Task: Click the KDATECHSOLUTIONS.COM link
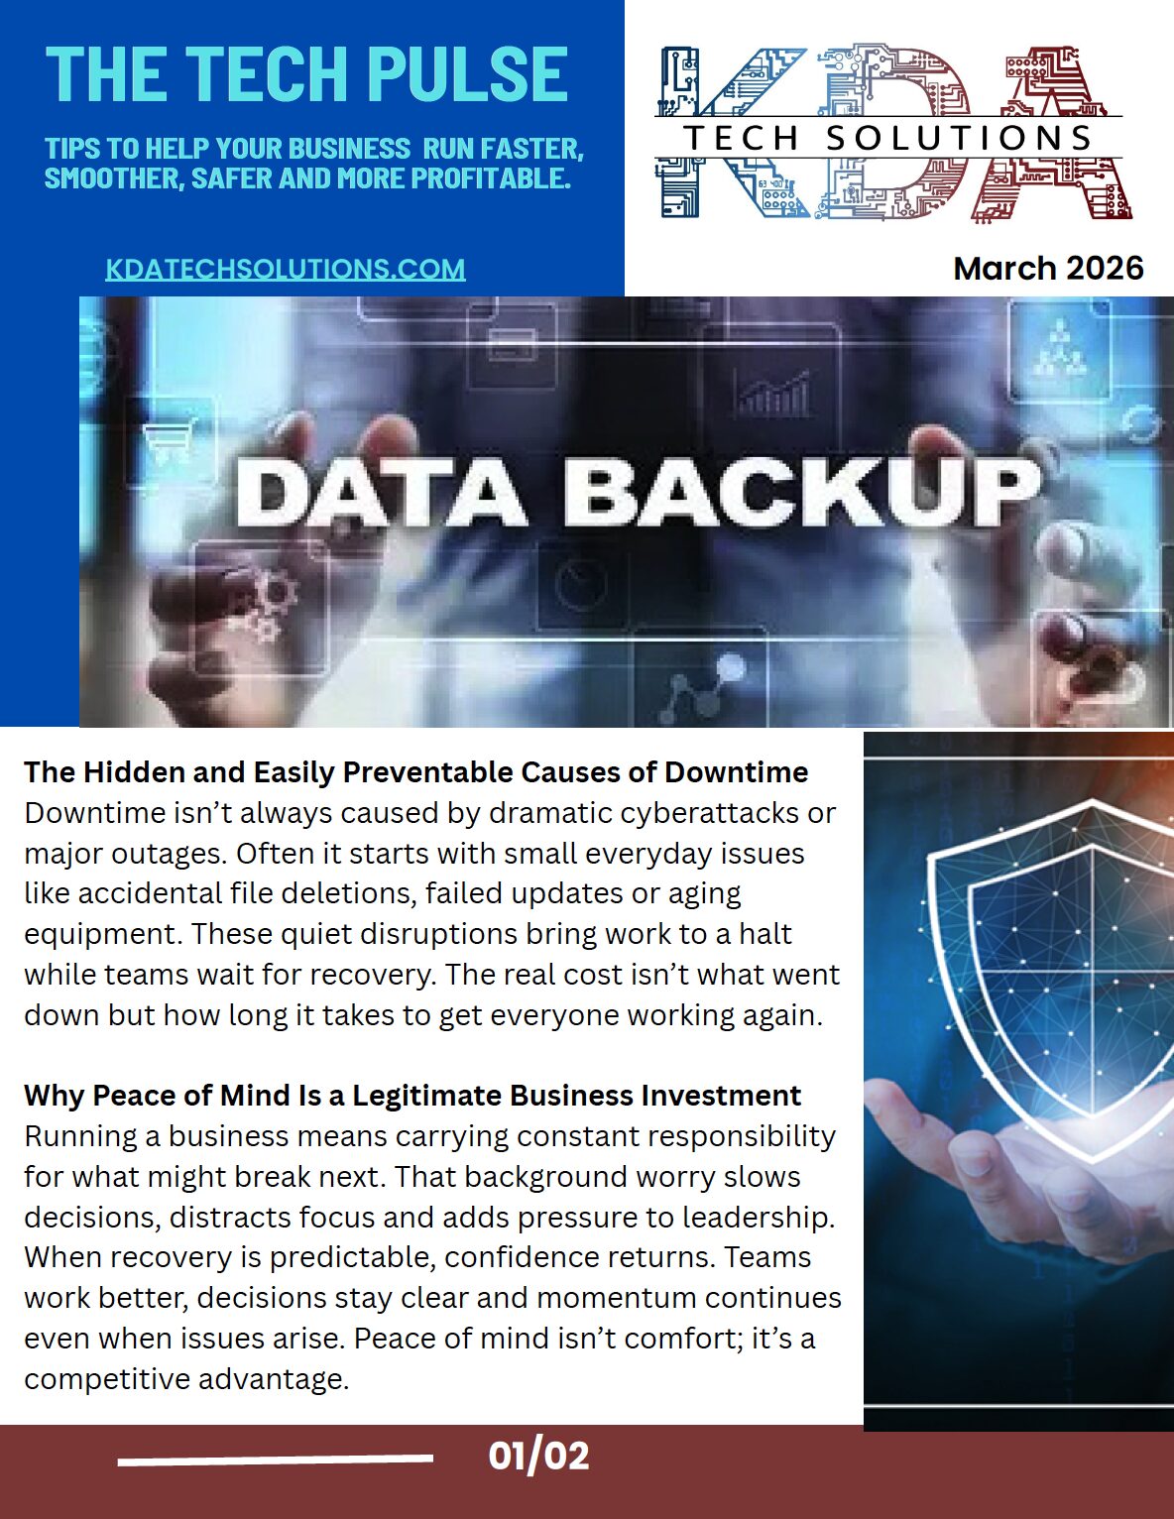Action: pyautogui.click(x=286, y=269)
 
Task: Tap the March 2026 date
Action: pyautogui.click(x=1048, y=268)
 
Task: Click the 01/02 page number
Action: pyautogui.click(x=538, y=1456)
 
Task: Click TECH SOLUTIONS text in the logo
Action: pyautogui.click(x=888, y=138)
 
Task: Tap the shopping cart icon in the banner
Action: pyautogui.click(x=169, y=441)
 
